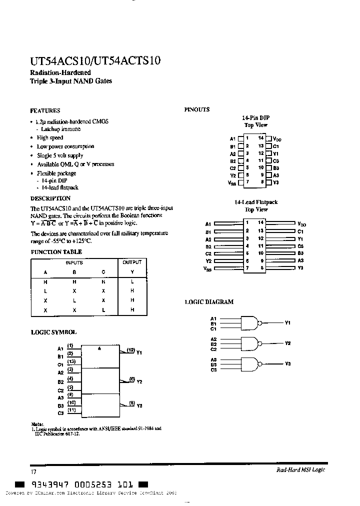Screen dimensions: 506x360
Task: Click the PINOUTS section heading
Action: pos(196,109)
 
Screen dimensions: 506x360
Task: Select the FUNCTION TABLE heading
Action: pos(56,252)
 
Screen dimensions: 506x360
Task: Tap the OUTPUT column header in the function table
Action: pos(132,262)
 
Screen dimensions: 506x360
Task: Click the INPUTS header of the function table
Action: pos(74,262)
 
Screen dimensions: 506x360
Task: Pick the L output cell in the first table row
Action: pos(132,282)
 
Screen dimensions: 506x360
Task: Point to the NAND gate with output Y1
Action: pos(251,323)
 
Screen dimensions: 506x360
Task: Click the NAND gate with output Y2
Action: pos(251,343)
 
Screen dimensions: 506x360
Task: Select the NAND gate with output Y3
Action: pos(251,364)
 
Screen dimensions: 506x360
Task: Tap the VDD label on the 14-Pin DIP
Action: pos(277,139)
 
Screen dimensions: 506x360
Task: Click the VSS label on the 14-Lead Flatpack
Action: pos(208,269)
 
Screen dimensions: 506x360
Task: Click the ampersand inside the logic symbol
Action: pos(99,348)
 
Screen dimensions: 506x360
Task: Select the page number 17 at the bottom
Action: pos(33,471)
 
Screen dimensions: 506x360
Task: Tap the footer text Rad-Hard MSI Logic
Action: pos(300,470)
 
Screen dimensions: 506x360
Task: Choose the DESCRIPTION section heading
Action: pos(50,198)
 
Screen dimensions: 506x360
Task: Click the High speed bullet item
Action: pos(50,137)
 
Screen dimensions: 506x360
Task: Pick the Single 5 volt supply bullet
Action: pos(60,155)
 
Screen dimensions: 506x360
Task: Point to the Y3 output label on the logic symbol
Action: pos(139,406)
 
